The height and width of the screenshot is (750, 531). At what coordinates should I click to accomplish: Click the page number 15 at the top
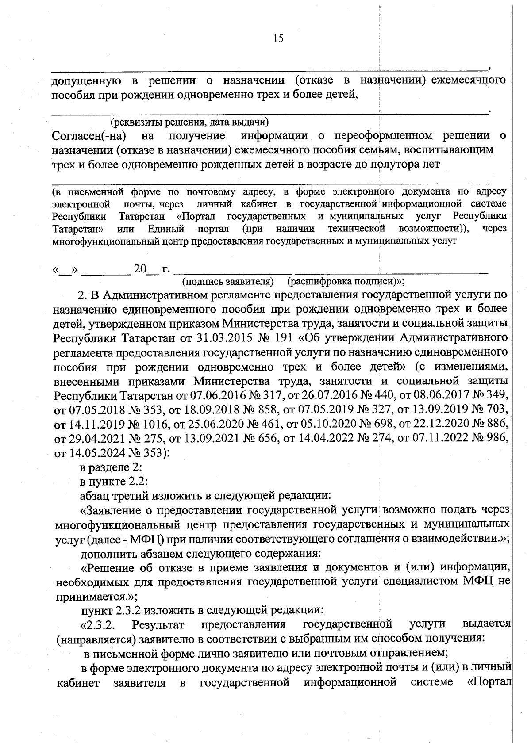click(278, 39)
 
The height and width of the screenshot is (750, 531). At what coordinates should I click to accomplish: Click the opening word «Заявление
click(110, 510)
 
